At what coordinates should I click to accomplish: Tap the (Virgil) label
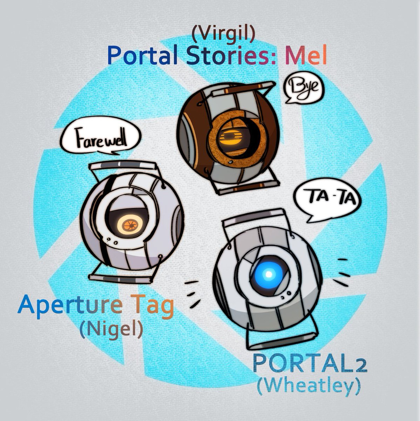pyautogui.click(x=223, y=34)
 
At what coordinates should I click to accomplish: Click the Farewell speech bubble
pyautogui.click(x=100, y=140)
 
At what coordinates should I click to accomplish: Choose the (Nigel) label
pyautogui.click(x=111, y=329)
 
